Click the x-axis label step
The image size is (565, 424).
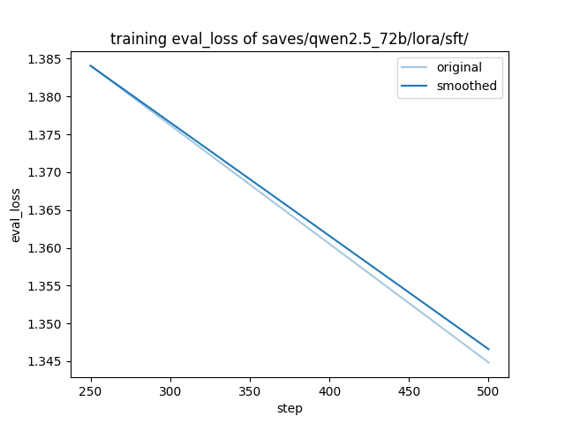(290, 408)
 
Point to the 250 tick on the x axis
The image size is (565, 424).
(91, 390)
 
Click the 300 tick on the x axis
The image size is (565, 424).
(170, 390)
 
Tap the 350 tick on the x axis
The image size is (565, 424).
(250, 390)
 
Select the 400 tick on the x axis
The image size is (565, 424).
(329, 390)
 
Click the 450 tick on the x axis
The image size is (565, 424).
(409, 390)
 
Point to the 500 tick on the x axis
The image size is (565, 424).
(488, 390)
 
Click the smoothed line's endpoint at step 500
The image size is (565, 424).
(488, 349)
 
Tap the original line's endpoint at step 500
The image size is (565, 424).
(488, 362)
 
